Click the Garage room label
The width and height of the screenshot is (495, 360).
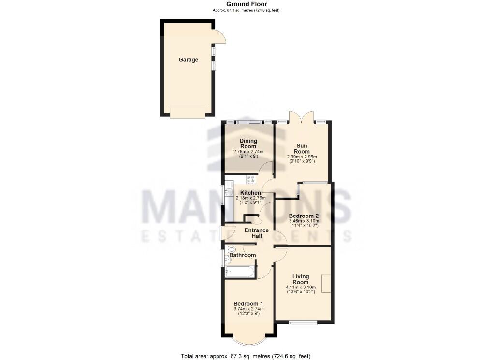click(x=189, y=60)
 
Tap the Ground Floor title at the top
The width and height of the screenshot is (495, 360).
click(x=247, y=4)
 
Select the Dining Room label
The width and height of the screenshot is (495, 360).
click(x=248, y=144)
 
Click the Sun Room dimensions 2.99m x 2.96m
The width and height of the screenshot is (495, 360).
click(x=302, y=157)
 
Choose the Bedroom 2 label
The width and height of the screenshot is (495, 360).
click(x=304, y=216)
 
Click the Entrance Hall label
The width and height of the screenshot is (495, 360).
click(x=256, y=233)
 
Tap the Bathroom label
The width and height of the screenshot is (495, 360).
click(x=243, y=255)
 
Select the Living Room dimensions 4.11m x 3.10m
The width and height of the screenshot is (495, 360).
click(x=300, y=287)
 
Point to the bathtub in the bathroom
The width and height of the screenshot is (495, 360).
click(x=239, y=272)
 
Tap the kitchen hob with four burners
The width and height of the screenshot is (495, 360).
click(x=250, y=180)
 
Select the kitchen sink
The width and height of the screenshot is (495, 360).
click(x=229, y=192)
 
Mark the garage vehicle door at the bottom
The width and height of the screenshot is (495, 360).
click(x=188, y=113)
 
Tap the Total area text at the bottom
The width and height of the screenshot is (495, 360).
click(x=247, y=356)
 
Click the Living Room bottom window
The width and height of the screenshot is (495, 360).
click(x=303, y=322)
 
